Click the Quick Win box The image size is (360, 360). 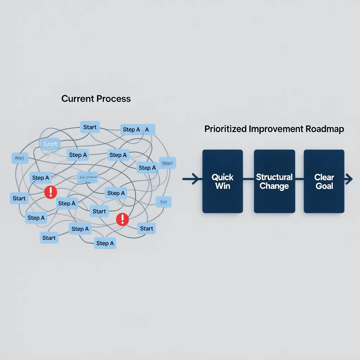click(223, 181)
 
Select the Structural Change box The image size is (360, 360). click(274, 181)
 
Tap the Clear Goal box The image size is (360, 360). click(324, 181)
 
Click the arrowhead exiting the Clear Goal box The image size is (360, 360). click(349, 179)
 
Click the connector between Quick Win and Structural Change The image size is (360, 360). click(249, 179)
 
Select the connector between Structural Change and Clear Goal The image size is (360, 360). click(299, 179)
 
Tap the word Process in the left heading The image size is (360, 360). click(114, 99)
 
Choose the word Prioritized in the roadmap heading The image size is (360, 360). click(225, 129)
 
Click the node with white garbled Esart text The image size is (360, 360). click(51, 144)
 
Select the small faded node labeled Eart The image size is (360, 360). click(163, 201)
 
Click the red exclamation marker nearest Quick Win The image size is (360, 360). click(122, 219)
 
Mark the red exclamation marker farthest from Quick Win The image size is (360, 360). click(51, 192)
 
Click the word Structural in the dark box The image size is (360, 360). click(274, 177)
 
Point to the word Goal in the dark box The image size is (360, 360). click(324, 186)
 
